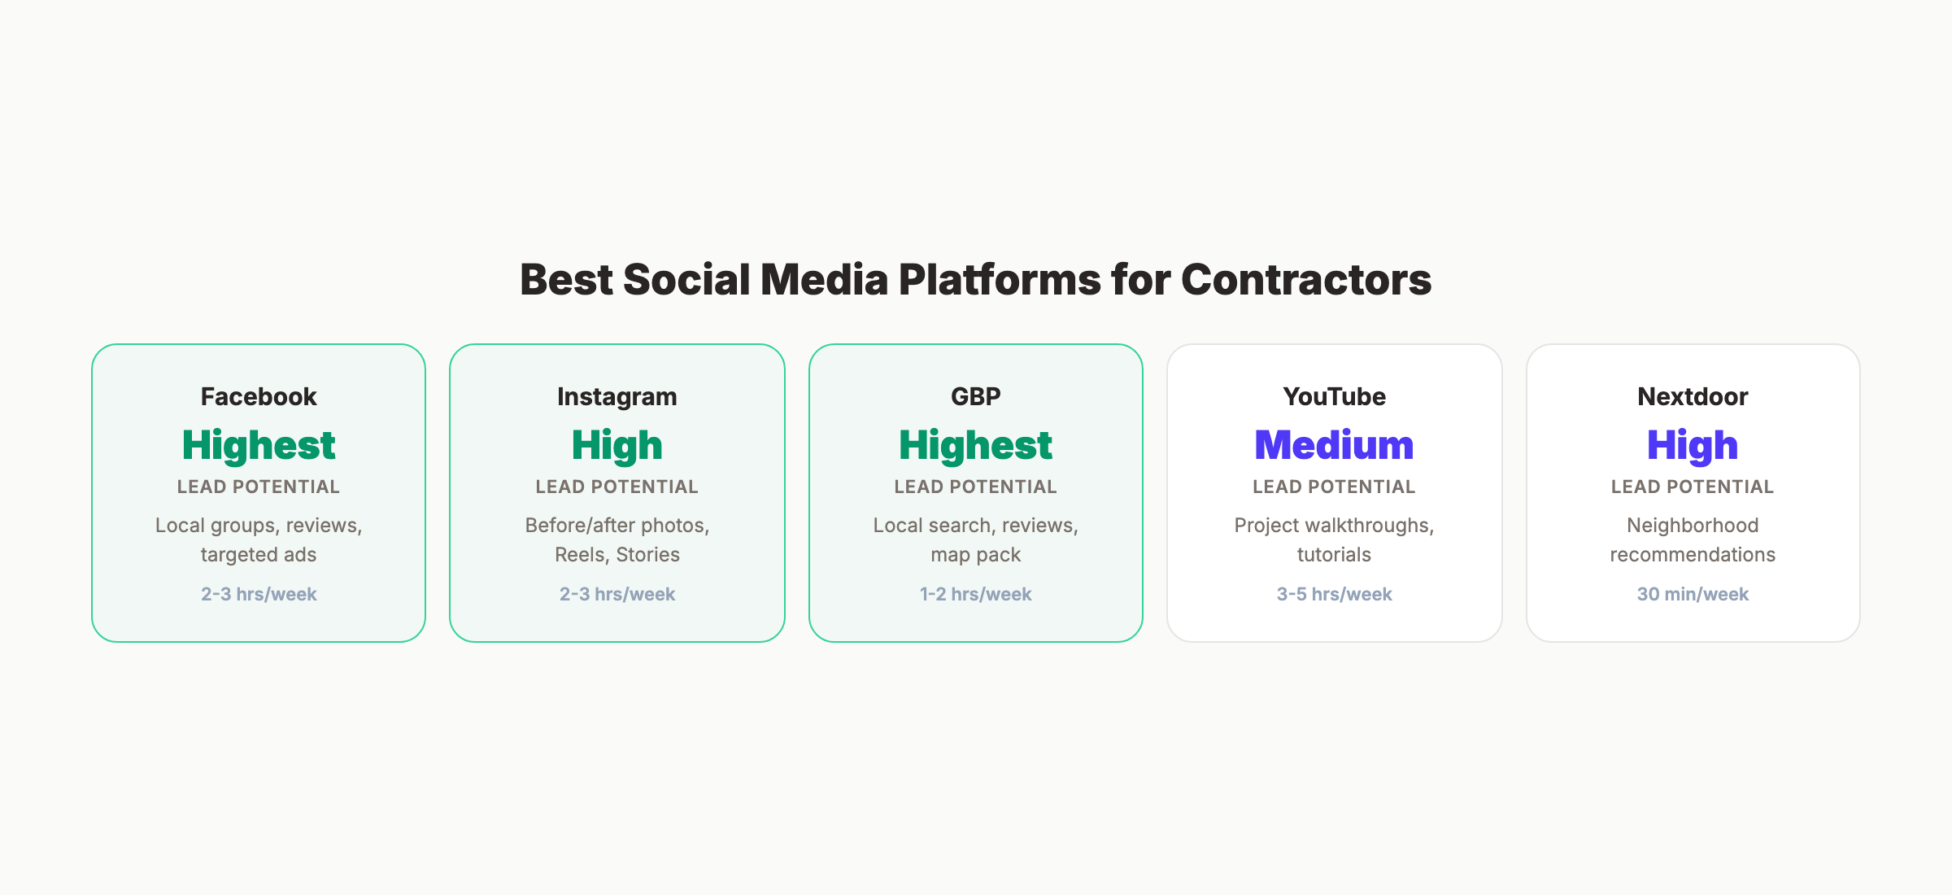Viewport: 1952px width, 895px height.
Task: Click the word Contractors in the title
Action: click(x=1305, y=279)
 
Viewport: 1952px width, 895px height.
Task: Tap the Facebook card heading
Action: click(x=259, y=396)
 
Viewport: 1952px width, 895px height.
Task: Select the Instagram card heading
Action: click(x=617, y=396)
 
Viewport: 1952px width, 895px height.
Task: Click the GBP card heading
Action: click(x=976, y=396)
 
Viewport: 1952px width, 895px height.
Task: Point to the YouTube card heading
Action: click(x=1334, y=396)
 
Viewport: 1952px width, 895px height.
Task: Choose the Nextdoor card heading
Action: click(x=1693, y=396)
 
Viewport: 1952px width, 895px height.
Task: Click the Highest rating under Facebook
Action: click(x=259, y=445)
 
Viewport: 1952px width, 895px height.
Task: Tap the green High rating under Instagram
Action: click(x=617, y=445)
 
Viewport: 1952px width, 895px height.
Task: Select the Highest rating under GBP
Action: click(x=976, y=445)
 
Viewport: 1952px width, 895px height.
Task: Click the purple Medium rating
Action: click(x=1334, y=445)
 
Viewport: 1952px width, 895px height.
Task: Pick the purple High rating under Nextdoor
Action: click(x=1693, y=445)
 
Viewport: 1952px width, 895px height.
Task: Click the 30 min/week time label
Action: click(x=1693, y=594)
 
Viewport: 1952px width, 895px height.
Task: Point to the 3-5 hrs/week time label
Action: click(x=1334, y=594)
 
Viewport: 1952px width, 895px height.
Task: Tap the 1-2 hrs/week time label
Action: click(x=976, y=594)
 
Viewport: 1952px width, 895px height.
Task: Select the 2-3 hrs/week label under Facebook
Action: click(x=259, y=594)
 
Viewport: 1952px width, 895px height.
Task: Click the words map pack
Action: click(x=976, y=555)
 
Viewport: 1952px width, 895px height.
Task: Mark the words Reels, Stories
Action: click(x=617, y=555)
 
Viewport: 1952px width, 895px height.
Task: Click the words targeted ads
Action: click(x=259, y=555)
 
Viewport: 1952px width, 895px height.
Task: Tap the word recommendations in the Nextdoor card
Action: click(x=1693, y=555)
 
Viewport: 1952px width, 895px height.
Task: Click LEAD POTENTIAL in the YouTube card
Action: click(x=1334, y=487)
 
